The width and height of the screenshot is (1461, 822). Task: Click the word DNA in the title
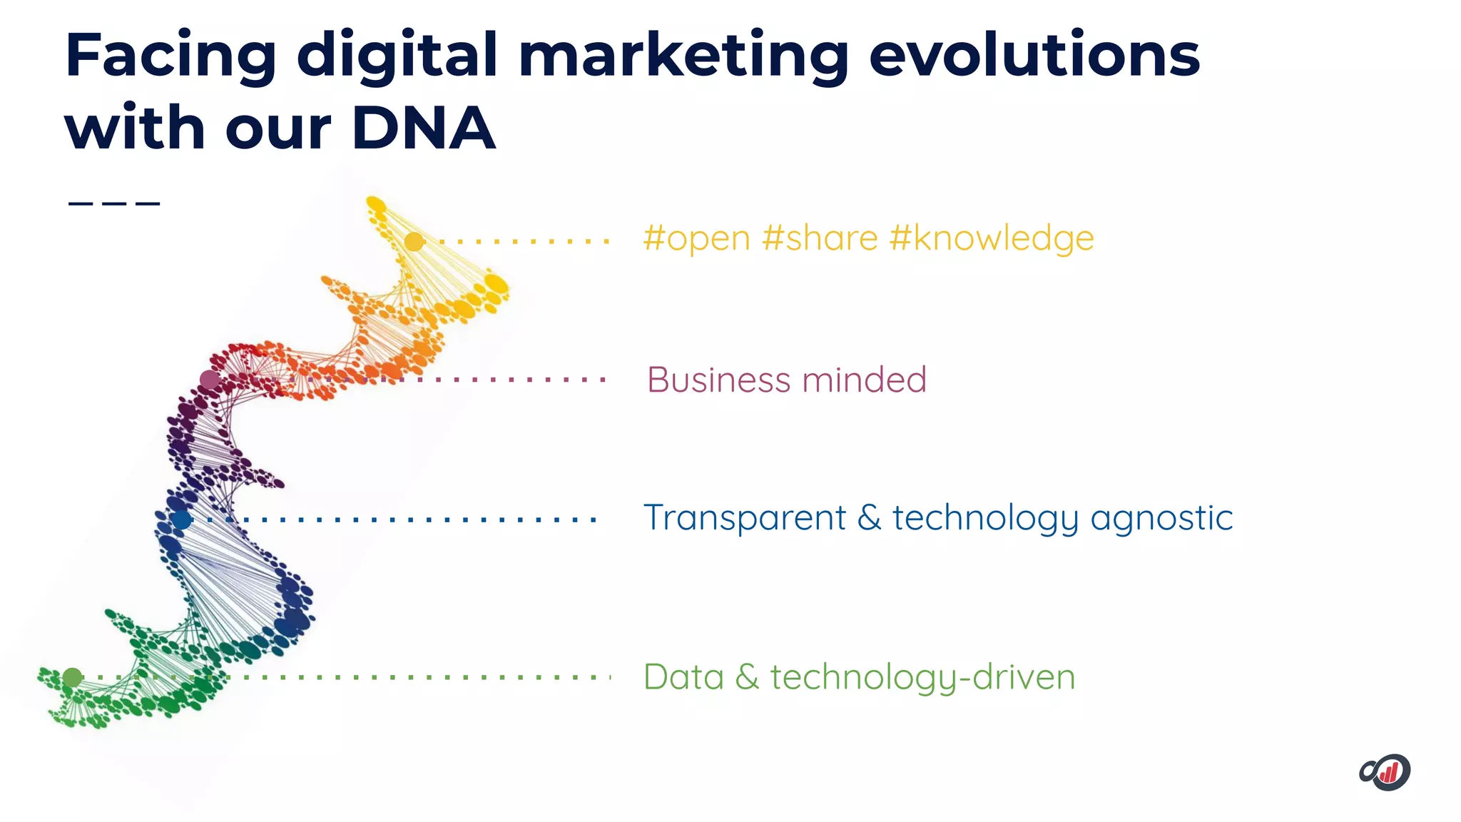(423, 128)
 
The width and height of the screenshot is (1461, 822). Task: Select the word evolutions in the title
(1034, 56)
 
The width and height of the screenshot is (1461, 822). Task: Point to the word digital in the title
(397, 56)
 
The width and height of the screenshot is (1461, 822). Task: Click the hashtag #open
(696, 239)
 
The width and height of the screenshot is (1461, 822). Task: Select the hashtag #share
(820, 238)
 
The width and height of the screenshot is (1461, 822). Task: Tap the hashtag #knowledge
(992, 239)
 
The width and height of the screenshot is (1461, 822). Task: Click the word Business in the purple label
(719, 380)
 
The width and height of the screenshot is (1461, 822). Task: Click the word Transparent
(744, 518)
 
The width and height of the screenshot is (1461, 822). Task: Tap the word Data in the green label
(683, 676)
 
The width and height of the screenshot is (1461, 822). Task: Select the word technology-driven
(922, 678)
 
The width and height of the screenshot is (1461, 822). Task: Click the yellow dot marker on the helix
(414, 242)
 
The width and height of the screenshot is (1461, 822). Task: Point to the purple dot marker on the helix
(209, 380)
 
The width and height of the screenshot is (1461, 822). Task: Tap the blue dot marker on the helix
(182, 519)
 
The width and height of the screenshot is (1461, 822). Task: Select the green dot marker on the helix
(72, 677)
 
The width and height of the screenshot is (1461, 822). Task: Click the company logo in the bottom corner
(1385, 772)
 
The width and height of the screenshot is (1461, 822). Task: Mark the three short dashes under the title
(114, 203)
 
